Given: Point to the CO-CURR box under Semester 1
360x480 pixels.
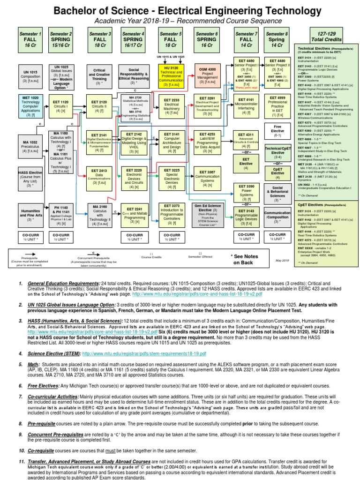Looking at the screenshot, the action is [x=30, y=237].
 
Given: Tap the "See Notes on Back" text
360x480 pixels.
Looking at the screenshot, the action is [x=244, y=260].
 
